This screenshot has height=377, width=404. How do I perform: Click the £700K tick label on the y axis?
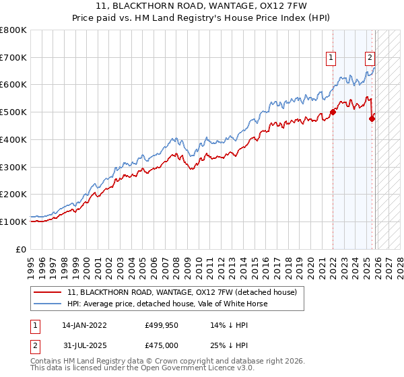click(x=13, y=58)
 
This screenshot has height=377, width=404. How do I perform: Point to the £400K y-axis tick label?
click(x=13, y=140)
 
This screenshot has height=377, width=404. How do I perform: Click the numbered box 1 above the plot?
click(x=332, y=59)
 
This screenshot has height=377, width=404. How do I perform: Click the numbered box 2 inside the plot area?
click(x=370, y=59)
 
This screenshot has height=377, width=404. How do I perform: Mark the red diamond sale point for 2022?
click(x=333, y=112)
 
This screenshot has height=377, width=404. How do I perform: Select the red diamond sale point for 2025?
click(x=372, y=119)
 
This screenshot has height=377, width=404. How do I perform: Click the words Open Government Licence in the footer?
click(x=178, y=368)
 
